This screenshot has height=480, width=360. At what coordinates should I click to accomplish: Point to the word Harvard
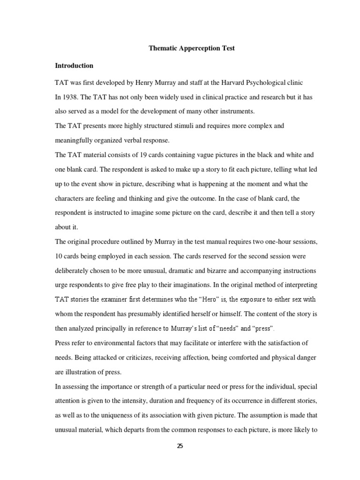pos(225,83)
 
